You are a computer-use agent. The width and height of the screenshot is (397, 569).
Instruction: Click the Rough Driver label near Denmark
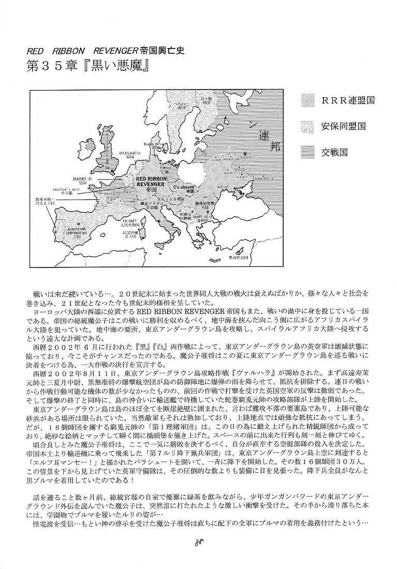(x=155, y=138)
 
